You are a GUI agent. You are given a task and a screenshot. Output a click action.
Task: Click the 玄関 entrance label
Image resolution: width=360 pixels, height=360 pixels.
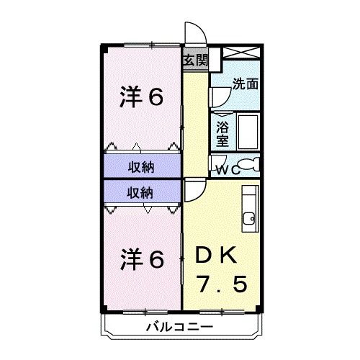click(x=194, y=60)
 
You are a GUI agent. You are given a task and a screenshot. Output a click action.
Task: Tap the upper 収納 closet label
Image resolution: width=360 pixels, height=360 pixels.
click(x=142, y=167)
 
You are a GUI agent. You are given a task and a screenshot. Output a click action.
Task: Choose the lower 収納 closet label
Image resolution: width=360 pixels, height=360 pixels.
click(x=142, y=192)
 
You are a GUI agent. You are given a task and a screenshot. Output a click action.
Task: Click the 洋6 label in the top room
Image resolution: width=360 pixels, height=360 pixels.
click(x=140, y=97)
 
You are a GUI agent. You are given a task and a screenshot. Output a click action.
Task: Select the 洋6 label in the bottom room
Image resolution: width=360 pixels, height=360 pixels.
click(x=140, y=257)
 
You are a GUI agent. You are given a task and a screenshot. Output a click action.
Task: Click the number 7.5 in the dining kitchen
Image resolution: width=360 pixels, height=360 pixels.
click(x=222, y=285)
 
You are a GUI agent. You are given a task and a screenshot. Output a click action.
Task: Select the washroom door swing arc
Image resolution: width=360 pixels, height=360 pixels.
click(x=220, y=95)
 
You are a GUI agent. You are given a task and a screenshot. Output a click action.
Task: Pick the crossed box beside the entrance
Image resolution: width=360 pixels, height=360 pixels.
click(x=241, y=53)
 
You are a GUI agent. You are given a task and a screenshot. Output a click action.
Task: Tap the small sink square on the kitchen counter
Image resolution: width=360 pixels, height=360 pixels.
click(x=249, y=217)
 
